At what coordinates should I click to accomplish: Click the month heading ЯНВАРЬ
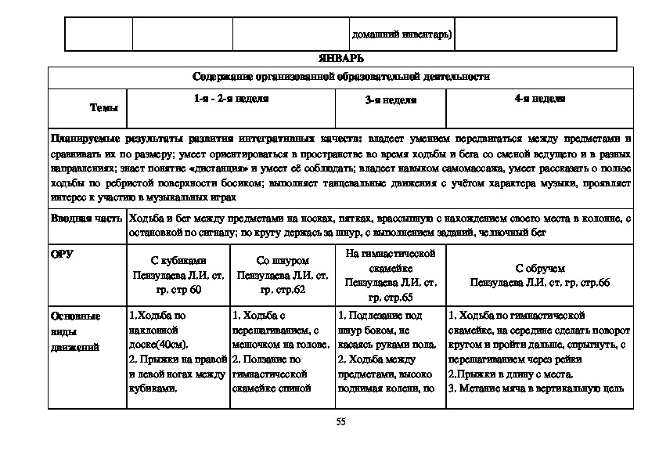click(x=340, y=59)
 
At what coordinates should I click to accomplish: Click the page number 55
click(x=340, y=421)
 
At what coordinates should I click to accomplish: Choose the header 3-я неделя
click(x=391, y=100)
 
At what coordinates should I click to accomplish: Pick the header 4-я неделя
click(x=539, y=99)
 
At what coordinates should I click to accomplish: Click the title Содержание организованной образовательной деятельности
click(x=340, y=77)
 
